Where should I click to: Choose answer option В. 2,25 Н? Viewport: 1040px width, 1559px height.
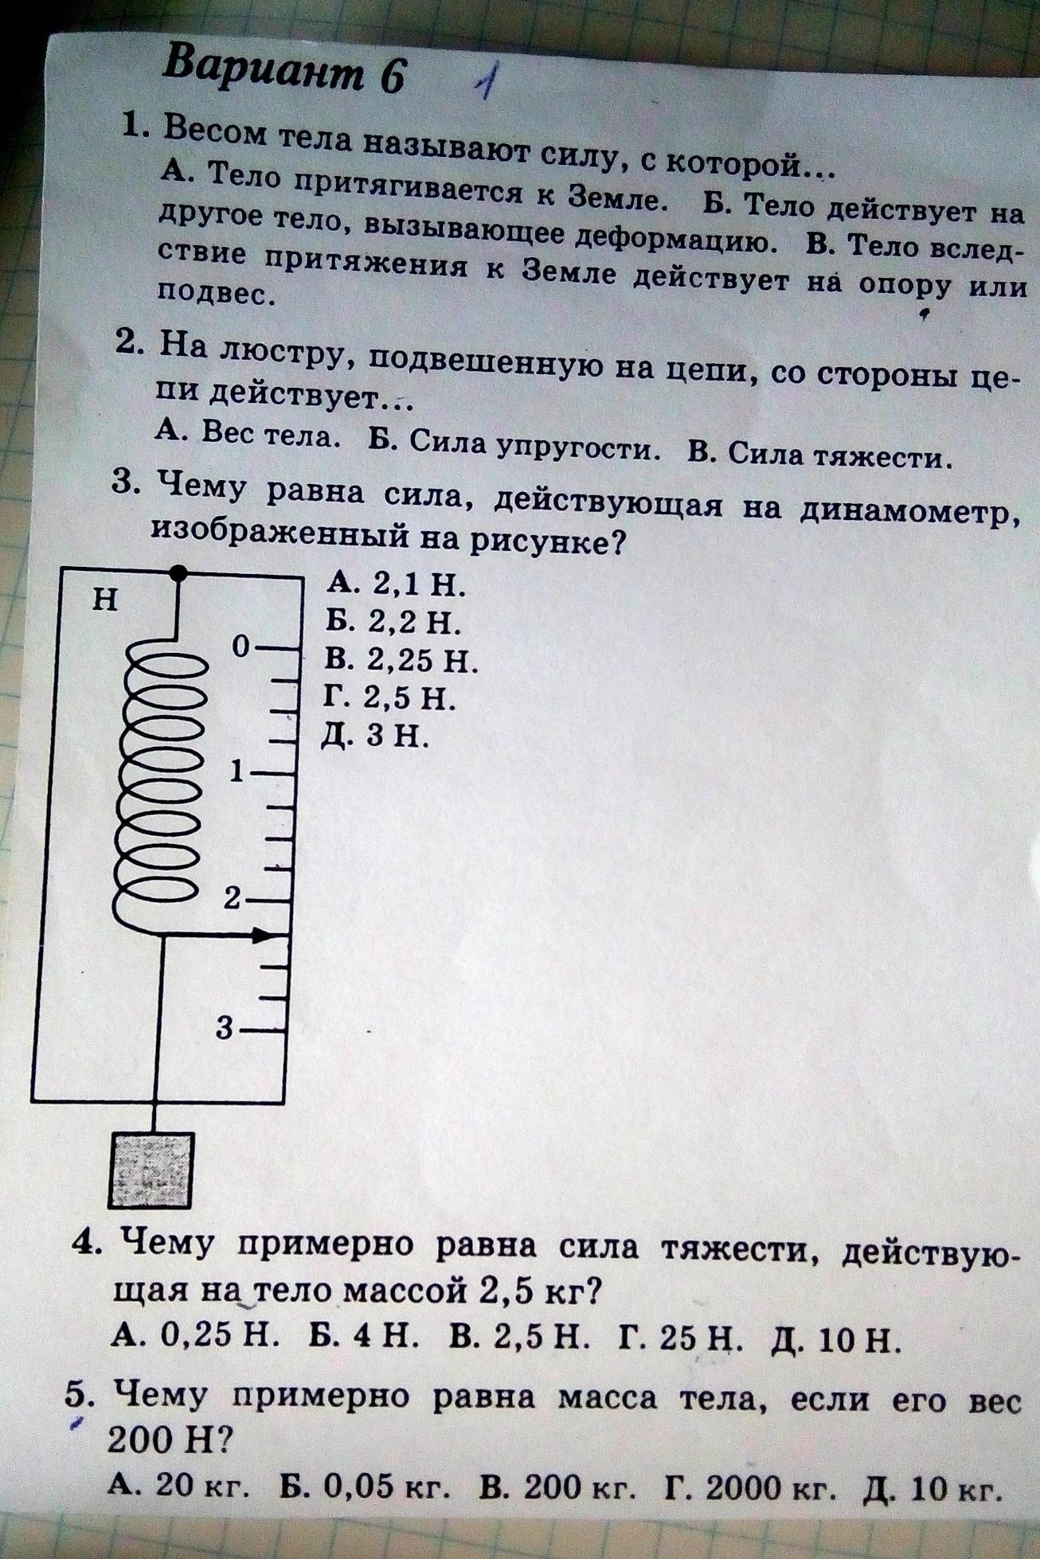[401, 660]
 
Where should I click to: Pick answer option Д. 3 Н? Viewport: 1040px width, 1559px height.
[375, 736]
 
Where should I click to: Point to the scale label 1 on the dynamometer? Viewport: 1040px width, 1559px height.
[237, 772]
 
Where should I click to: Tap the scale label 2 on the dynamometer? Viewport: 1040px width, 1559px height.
[232, 899]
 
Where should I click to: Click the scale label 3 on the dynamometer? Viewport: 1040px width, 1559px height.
[226, 1028]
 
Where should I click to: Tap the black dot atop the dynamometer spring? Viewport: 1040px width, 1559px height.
[180, 572]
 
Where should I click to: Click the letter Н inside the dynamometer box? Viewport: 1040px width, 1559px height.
[105, 599]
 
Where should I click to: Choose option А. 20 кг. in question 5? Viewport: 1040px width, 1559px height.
[181, 1485]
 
